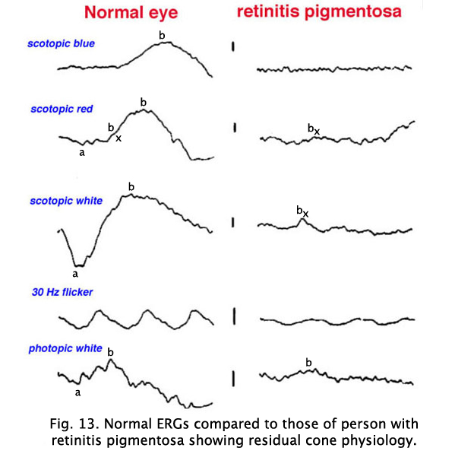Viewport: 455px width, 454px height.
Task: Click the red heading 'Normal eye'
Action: [x=131, y=13]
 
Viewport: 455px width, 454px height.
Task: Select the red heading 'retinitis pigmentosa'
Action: [x=319, y=12]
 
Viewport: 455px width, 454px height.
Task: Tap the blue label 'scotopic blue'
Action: [x=61, y=43]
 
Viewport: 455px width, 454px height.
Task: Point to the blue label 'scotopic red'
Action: [x=62, y=109]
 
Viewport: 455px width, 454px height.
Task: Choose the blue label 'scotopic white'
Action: [x=66, y=201]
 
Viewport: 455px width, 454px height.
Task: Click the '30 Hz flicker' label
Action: [x=62, y=292]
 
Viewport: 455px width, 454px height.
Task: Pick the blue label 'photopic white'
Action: [x=65, y=348]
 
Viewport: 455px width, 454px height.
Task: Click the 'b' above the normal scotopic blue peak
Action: [x=162, y=35]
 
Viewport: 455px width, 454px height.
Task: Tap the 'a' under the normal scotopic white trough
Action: [x=75, y=274]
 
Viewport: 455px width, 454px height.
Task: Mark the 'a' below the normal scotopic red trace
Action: [x=82, y=152]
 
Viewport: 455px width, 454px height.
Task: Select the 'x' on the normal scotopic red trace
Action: [x=118, y=138]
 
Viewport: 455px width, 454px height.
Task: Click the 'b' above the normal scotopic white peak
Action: [x=131, y=186]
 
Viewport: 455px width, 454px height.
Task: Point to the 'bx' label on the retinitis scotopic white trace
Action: [x=302, y=211]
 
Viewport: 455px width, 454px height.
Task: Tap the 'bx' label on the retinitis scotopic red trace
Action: [x=314, y=129]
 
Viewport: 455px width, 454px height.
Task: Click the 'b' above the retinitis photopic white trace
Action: [x=308, y=362]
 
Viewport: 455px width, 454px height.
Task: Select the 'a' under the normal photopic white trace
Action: [x=77, y=392]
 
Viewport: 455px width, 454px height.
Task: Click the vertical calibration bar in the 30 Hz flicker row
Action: [x=234, y=316]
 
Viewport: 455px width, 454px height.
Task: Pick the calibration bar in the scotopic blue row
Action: [x=233, y=46]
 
